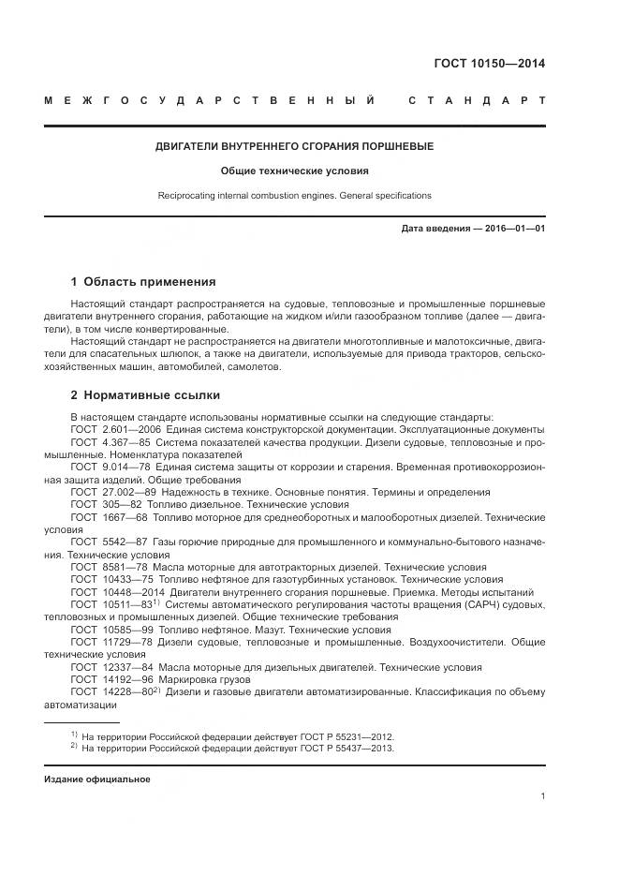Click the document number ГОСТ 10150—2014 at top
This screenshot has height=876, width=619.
(489, 64)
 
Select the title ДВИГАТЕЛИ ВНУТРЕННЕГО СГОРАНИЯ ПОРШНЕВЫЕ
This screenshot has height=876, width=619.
(294, 146)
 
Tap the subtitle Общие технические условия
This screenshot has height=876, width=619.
(294, 171)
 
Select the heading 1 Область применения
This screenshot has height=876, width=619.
(143, 281)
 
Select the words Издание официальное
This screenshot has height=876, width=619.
(96, 779)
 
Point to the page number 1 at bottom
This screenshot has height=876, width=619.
(542, 796)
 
